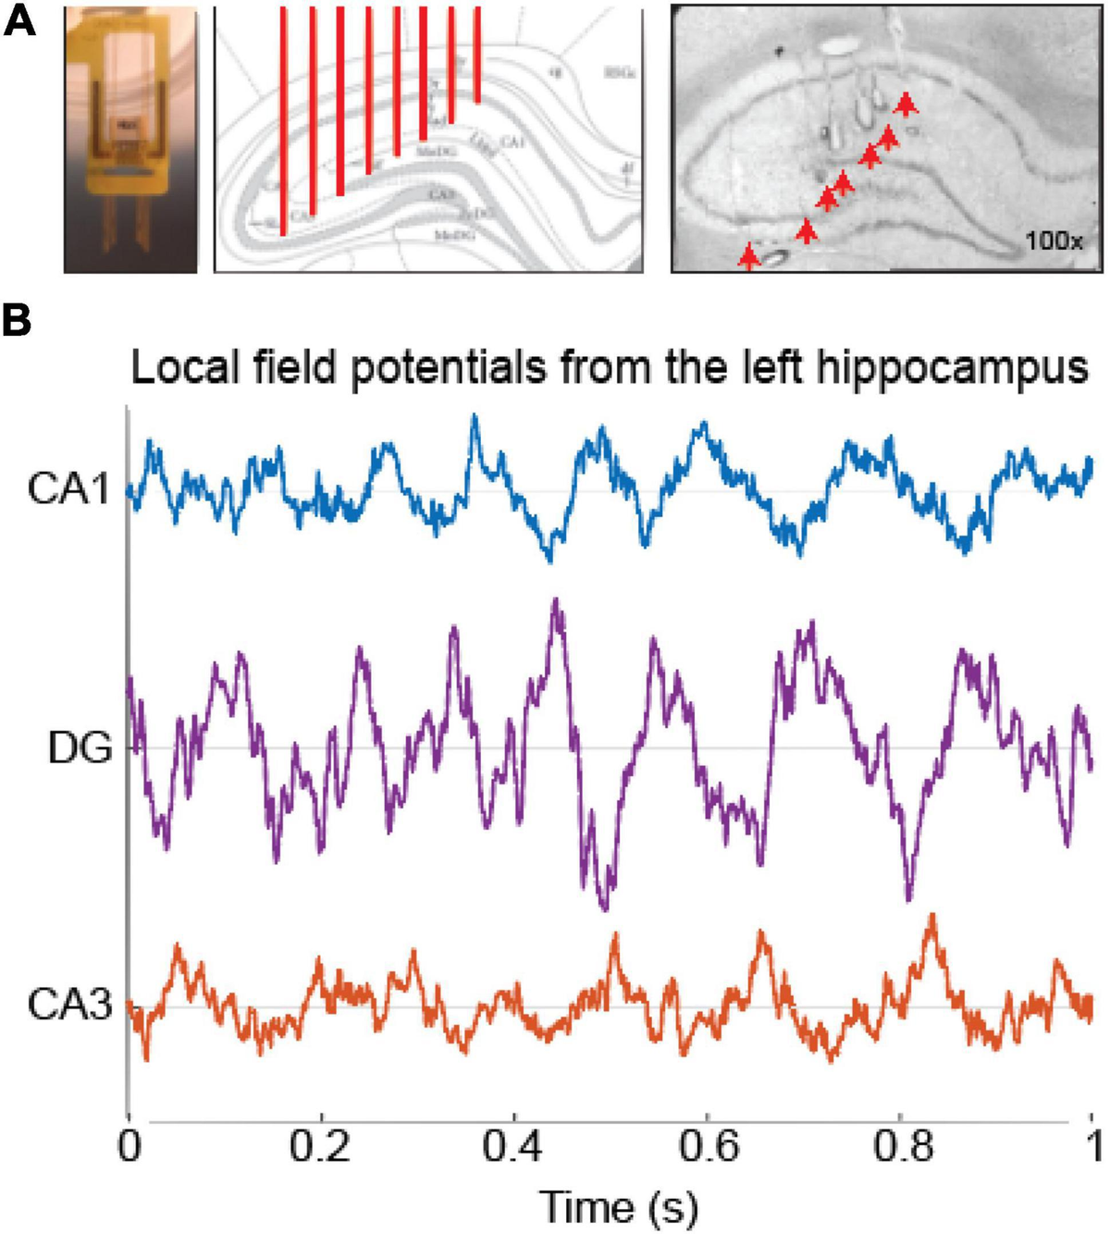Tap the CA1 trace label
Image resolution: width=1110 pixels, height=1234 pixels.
pyautogui.click(x=69, y=490)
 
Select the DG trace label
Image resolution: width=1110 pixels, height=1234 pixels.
pyautogui.click(x=80, y=747)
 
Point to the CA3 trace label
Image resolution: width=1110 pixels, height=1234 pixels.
pyautogui.click(x=69, y=1006)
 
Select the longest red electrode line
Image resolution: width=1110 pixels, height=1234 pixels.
pyautogui.click(x=284, y=120)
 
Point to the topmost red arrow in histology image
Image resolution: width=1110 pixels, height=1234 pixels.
pyautogui.click(x=906, y=103)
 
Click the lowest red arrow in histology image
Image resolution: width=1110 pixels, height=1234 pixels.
pyautogui.click(x=748, y=256)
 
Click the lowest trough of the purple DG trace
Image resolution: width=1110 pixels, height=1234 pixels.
pyautogui.click(x=603, y=905)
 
